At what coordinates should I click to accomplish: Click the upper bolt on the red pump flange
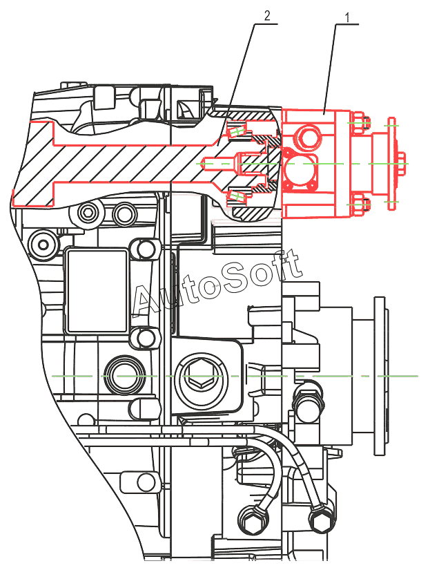tap(358, 124)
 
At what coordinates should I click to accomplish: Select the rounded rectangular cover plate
tap(97, 289)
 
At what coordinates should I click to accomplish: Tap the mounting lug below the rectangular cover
tap(144, 337)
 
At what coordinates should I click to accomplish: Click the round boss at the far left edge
tap(44, 243)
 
